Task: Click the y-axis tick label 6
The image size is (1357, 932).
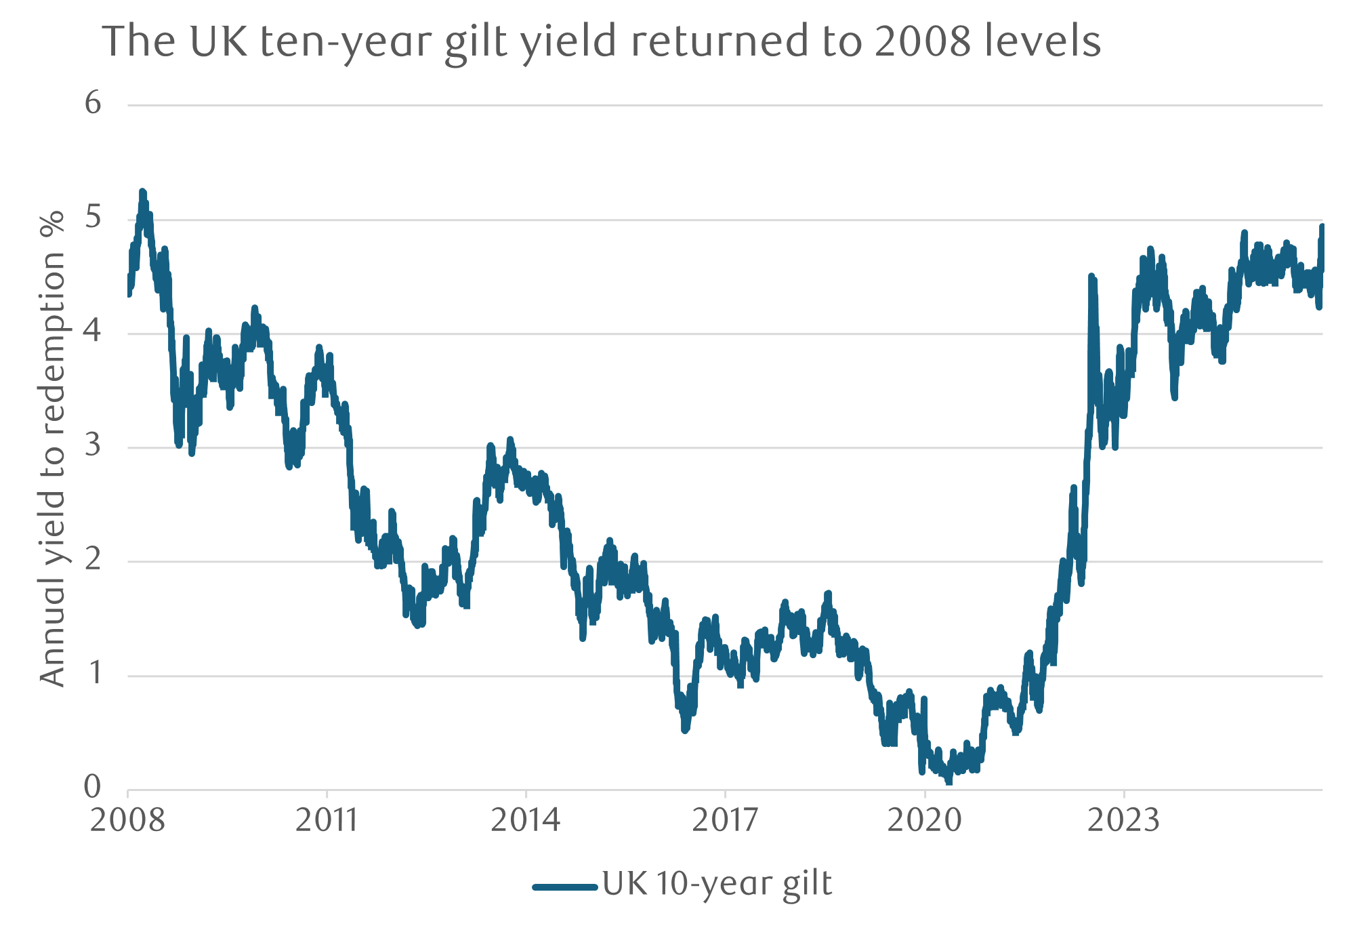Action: pos(93,103)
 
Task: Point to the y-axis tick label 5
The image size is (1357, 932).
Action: pos(93,218)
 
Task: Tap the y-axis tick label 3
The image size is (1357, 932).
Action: pos(93,445)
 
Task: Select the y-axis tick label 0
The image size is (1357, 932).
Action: pos(93,787)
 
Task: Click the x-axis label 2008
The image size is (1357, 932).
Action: pos(127,821)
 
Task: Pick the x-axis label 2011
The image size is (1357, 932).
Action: pos(327,821)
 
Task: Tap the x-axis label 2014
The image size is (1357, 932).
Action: pos(525,821)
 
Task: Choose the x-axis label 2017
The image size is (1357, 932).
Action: pos(725,821)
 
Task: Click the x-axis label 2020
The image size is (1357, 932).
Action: pos(924,821)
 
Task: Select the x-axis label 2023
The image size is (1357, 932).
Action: pos(1123,821)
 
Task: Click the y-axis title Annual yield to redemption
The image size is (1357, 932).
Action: pos(53,447)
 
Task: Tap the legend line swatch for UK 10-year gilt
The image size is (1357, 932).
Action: pos(564,887)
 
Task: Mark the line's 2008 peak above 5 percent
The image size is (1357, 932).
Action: pos(142,193)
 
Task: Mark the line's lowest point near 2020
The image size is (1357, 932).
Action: pos(948,782)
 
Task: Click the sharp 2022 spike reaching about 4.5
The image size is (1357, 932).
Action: pos(1091,276)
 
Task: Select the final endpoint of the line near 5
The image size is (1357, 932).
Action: pos(1322,226)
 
